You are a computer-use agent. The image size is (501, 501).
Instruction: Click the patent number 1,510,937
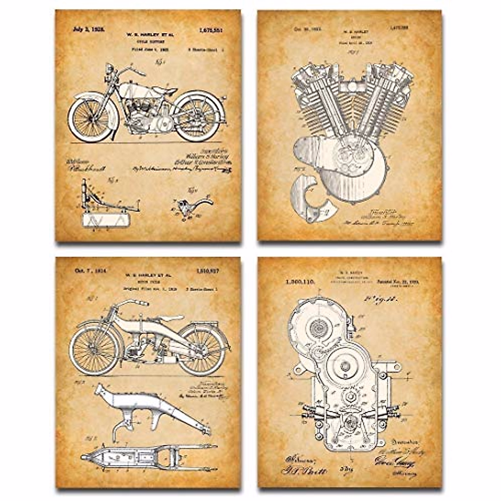coord(207,271)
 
